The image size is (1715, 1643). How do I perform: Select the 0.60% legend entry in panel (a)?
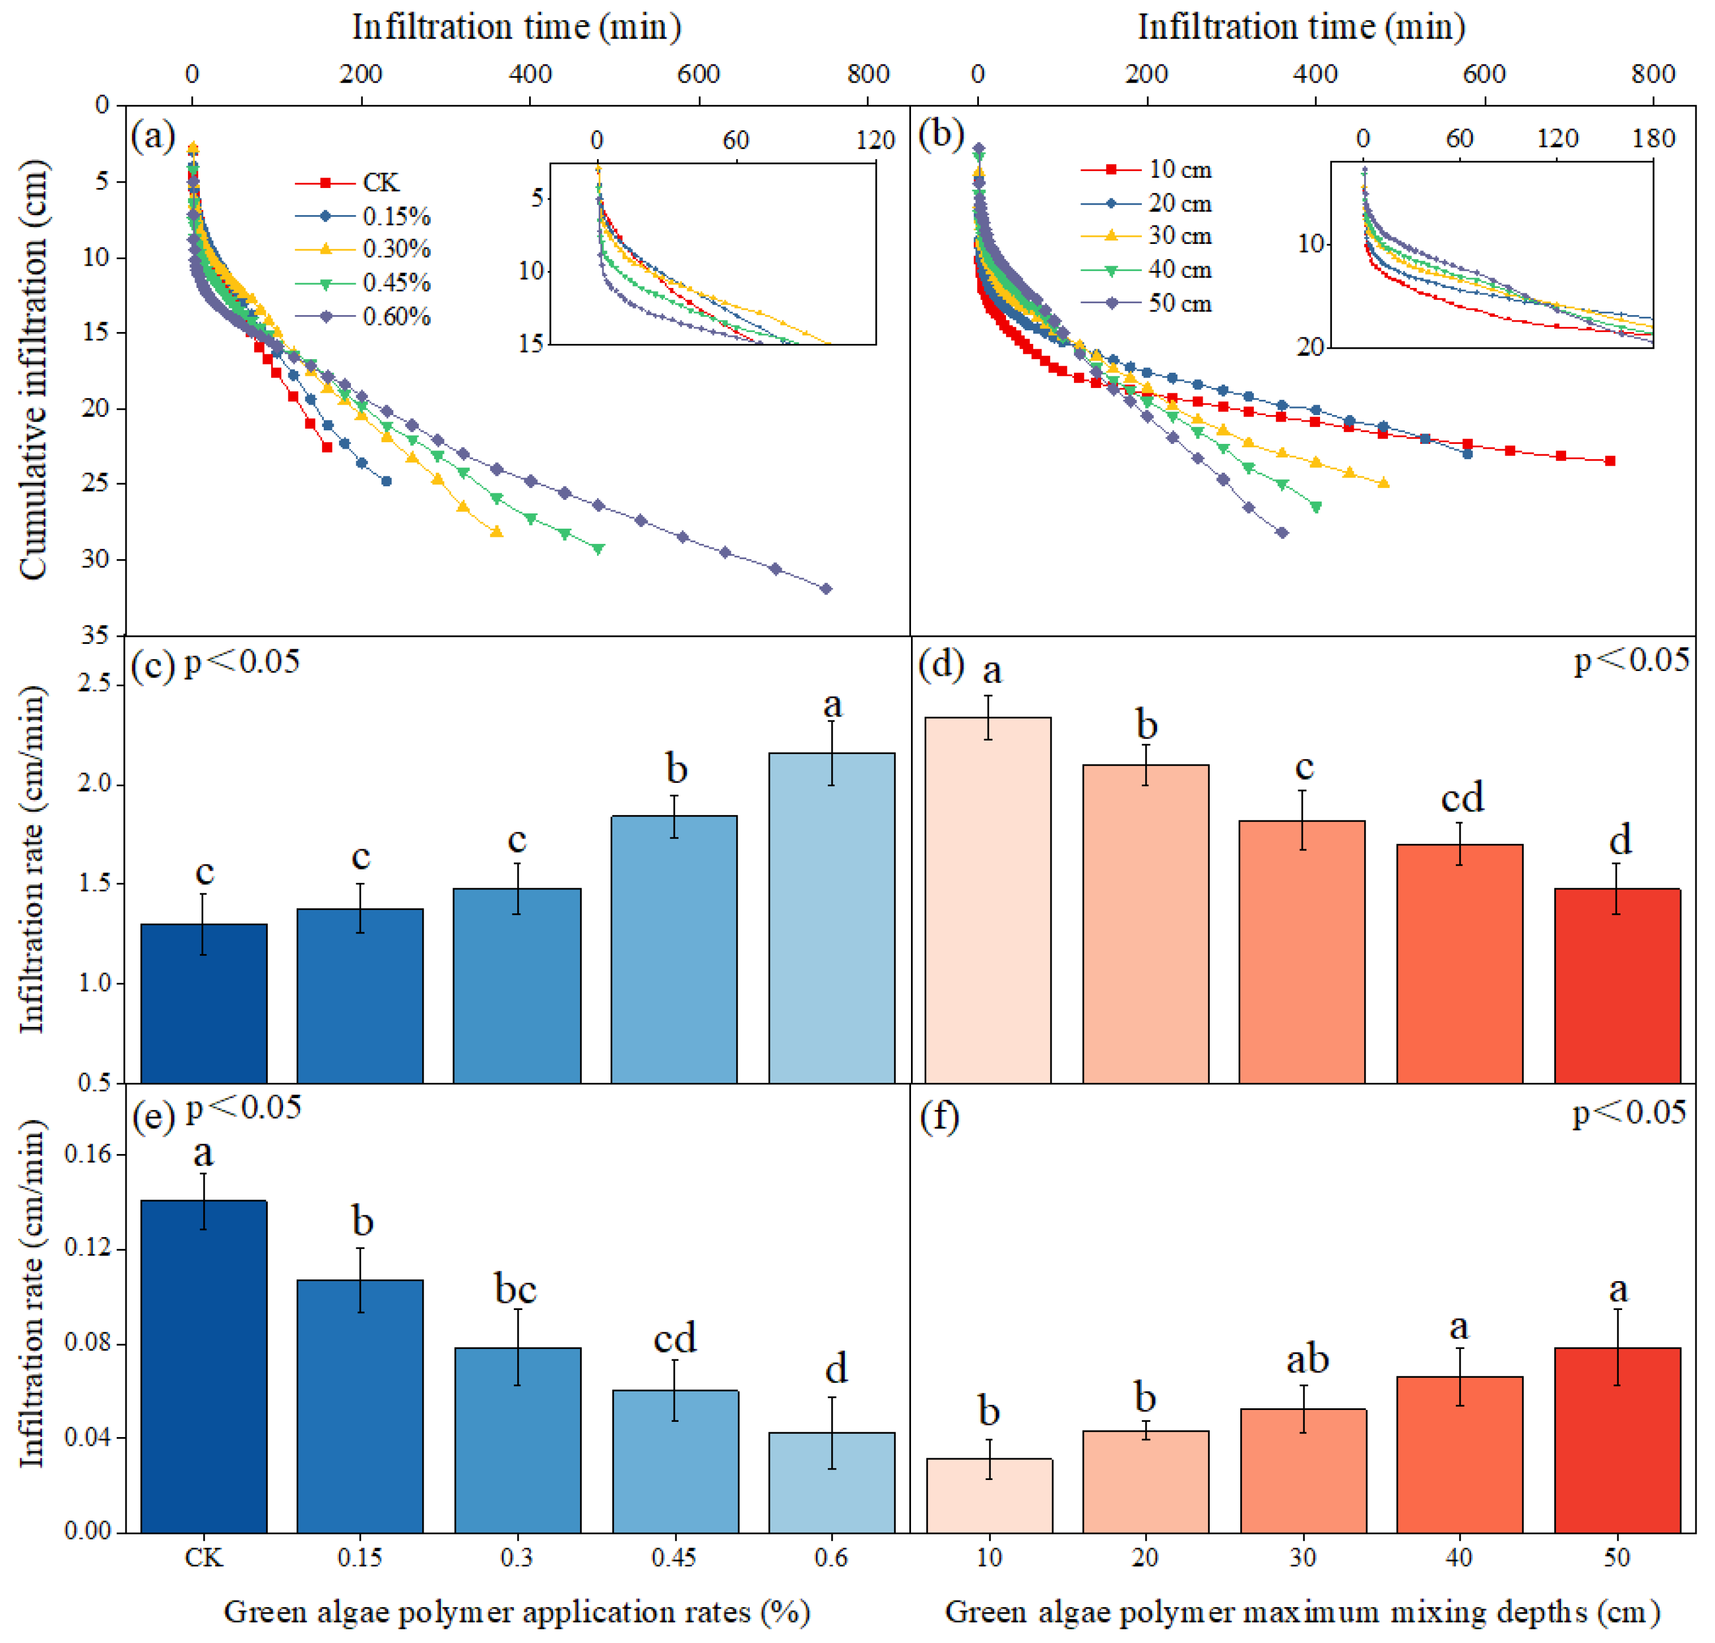pyautogui.click(x=395, y=316)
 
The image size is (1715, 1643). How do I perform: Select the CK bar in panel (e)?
pyautogui.click(x=203, y=1365)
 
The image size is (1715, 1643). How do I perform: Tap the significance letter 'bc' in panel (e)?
pyautogui.click(x=516, y=1289)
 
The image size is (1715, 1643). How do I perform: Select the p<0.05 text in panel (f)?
pyautogui.click(x=1629, y=1113)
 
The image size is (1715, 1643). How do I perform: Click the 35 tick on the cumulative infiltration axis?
pyautogui.click(x=96, y=636)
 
